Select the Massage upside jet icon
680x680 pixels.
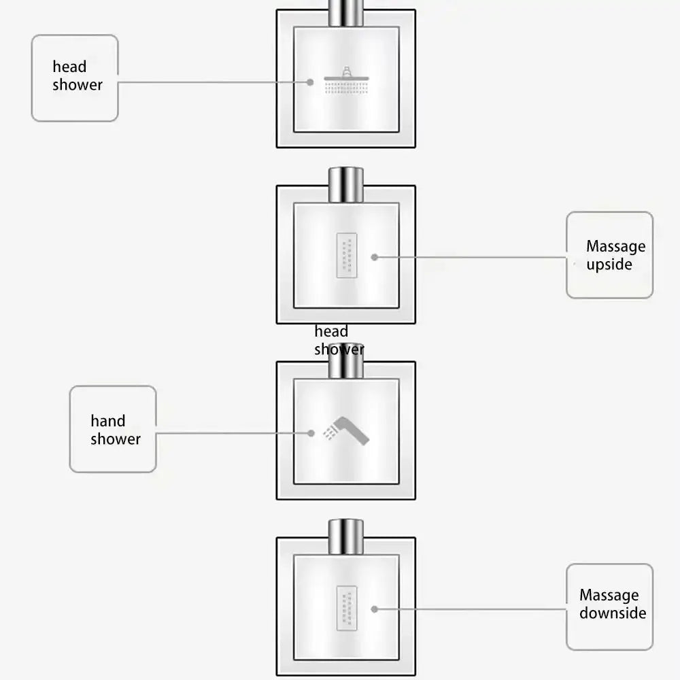tap(347, 256)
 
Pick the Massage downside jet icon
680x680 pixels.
tap(347, 607)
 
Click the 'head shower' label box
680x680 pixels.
tap(75, 78)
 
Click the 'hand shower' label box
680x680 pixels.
tap(113, 429)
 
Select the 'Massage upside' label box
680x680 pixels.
tap(609, 255)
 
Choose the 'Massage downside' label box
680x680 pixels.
tap(609, 607)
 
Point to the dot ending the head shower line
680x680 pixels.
tap(310, 82)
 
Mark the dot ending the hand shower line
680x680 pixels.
tap(311, 433)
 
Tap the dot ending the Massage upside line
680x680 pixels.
tap(375, 257)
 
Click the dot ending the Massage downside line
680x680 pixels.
tap(375, 609)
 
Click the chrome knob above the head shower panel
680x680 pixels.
tap(345, 13)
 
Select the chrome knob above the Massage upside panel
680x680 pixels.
tap(345, 184)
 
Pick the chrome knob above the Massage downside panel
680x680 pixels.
tap(345, 536)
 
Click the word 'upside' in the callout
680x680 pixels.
tap(609, 265)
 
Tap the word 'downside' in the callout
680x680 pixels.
tap(613, 613)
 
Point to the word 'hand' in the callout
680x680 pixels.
tap(108, 421)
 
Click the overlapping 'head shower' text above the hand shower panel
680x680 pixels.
tap(338, 341)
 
